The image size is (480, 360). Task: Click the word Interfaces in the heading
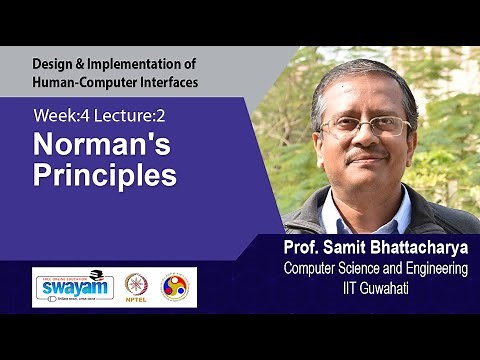166,80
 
